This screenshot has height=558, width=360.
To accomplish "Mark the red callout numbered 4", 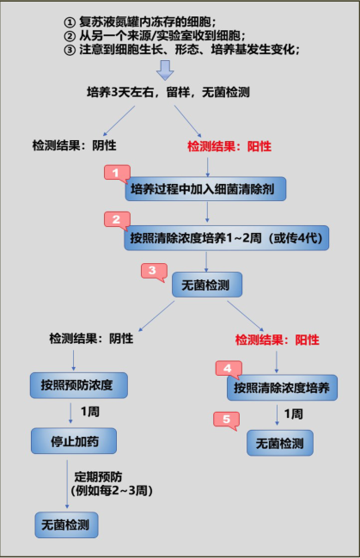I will point(227,369).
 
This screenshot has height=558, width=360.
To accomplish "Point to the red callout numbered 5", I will point(226,420).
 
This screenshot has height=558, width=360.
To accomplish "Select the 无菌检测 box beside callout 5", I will point(280,442).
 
